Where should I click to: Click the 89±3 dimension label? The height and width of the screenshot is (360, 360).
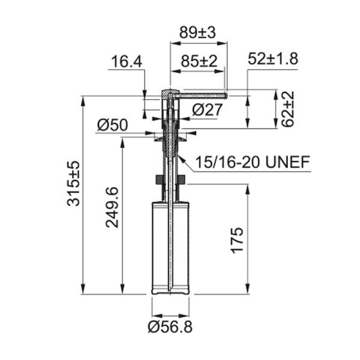(x=197, y=32)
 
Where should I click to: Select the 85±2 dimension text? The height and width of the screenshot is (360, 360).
(x=199, y=61)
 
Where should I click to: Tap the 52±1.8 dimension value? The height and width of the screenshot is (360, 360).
(x=273, y=59)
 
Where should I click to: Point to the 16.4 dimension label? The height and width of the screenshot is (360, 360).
(x=127, y=62)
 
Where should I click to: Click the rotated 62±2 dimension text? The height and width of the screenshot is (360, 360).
(x=287, y=109)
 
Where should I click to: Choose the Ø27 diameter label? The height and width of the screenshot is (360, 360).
(x=208, y=110)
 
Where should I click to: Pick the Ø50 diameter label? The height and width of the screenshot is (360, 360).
(x=112, y=125)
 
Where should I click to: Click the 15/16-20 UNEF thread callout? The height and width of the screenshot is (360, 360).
(x=253, y=162)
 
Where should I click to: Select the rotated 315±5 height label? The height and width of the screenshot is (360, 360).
(x=73, y=184)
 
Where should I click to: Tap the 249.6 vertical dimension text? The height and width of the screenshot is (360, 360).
(x=112, y=208)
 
